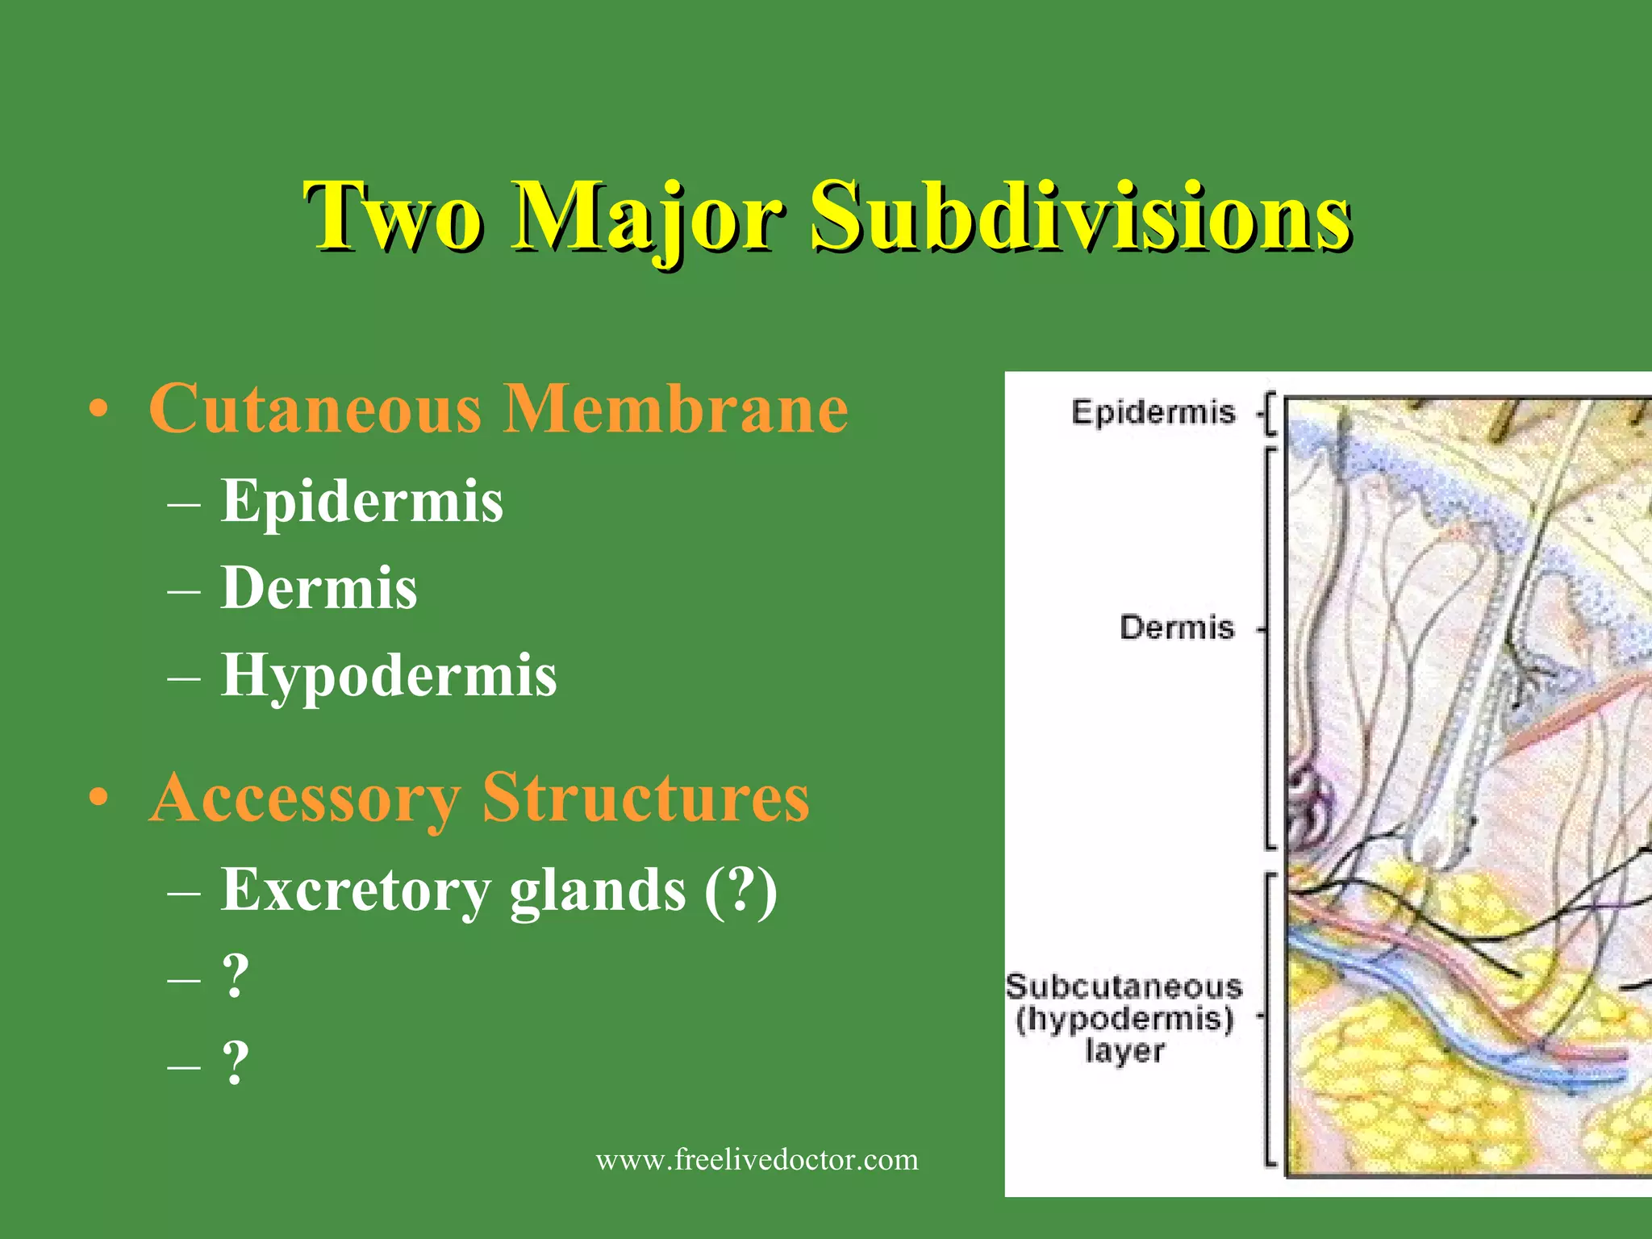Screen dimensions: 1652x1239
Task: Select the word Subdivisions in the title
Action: tap(1081, 216)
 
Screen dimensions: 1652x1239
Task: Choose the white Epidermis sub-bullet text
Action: tap(362, 501)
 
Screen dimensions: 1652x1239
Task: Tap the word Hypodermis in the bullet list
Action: tap(389, 675)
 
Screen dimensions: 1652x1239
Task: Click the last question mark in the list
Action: tap(235, 1062)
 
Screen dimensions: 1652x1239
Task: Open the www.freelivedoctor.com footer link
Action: tap(757, 1160)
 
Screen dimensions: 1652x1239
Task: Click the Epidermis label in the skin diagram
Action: tap(1153, 413)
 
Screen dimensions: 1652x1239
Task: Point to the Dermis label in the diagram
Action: tap(1177, 628)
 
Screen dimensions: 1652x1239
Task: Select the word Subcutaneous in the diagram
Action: tap(1124, 987)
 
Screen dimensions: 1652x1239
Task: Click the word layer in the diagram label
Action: tap(1124, 1051)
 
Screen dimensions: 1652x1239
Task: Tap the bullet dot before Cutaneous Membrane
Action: tap(98, 410)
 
